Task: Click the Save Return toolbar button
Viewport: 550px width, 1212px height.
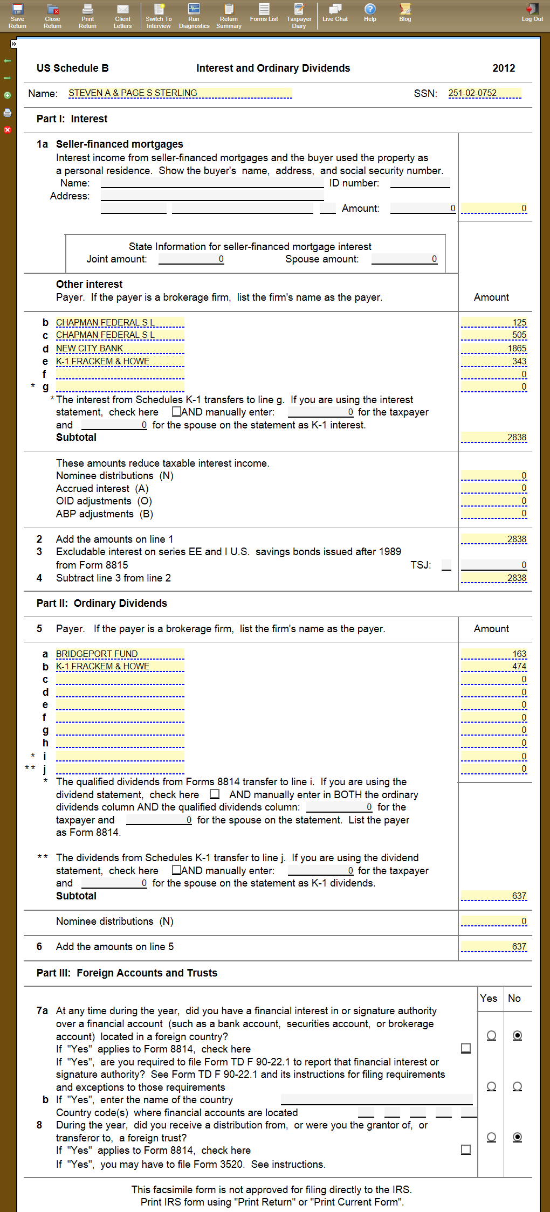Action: coord(17,16)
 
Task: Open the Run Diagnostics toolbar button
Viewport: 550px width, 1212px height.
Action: coord(194,16)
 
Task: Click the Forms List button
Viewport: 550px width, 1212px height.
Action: coord(264,12)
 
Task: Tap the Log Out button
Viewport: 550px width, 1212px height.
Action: coord(532,12)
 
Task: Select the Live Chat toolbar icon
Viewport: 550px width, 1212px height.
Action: coord(335,12)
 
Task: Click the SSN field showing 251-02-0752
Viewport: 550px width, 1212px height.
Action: coord(484,93)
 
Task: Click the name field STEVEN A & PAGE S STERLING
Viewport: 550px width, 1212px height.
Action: coord(180,93)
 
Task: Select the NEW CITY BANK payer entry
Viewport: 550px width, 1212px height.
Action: coord(120,349)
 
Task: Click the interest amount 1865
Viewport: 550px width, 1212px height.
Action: coord(494,349)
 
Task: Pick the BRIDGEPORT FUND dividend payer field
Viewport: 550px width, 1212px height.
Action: coord(120,654)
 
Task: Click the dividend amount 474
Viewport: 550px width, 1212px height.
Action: coord(494,667)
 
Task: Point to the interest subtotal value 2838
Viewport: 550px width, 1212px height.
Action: coord(494,438)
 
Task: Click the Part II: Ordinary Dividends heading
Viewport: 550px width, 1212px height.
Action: coord(102,604)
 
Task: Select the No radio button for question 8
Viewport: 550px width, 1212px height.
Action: coord(517,1137)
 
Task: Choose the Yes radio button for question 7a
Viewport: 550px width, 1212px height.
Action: coord(491,1035)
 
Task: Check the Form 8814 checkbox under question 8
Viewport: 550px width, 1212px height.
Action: coord(466,1150)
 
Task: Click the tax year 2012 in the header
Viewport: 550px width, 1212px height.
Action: coord(504,68)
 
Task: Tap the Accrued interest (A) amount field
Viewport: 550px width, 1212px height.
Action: coord(494,488)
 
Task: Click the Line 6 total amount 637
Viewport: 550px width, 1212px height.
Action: coord(494,947)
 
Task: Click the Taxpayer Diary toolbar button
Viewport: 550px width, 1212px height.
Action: coord(299,16)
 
